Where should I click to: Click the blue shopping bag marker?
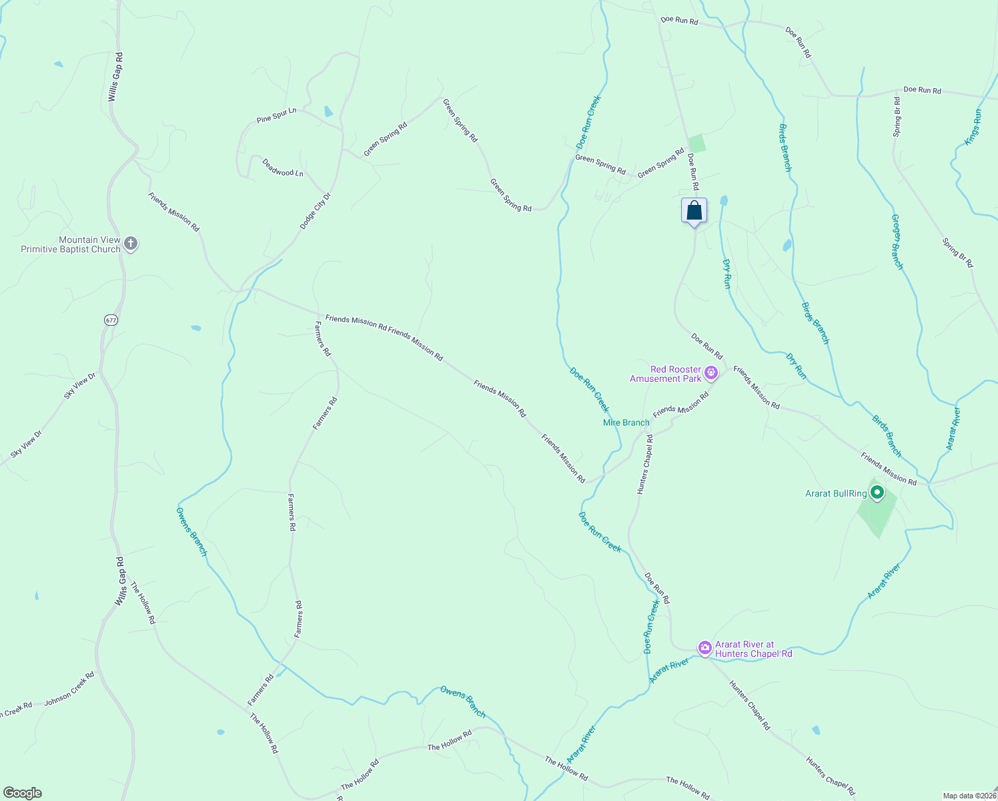pos(694,211)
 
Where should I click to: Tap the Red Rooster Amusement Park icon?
pos(711,373)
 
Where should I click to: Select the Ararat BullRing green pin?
pos(877,493)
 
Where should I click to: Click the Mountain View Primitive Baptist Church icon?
pos(131,244)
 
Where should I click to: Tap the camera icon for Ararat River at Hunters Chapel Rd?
pos(704,647)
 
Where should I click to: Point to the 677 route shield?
pos(111,320)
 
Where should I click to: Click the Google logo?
pos(23,793)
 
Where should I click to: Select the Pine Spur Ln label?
pos(276,115)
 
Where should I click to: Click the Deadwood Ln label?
pos(283,168)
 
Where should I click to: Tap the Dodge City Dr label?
pos(315,212)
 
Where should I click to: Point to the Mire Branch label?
pos(626,423)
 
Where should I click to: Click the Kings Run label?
pos(973,127)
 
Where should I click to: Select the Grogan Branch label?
pos(897,242)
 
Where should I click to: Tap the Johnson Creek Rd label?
pos(69,690)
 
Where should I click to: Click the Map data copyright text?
pos(969,796)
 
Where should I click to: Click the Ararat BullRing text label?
pos(836,494)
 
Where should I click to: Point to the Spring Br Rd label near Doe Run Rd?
pos(897,117)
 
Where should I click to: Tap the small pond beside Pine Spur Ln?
pos(328,111)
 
